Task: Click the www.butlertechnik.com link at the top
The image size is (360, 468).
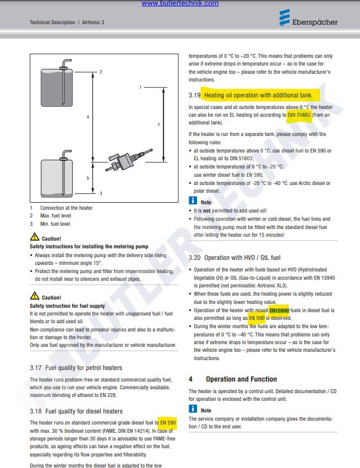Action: tap(179, 3)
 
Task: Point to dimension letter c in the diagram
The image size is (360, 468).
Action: tap(159, 124)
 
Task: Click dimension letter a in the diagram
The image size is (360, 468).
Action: tap(88, 117)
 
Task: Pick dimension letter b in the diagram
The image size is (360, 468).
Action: tap(88, 178)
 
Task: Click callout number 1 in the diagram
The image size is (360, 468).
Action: tap(141, 87)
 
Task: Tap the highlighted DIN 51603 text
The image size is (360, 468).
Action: tap(299, 115)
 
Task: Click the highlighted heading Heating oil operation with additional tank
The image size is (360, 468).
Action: tap(258, 95)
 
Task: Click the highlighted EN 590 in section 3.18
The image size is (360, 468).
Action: tap(168, 422)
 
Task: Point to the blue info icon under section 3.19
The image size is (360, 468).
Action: tap(193, 202)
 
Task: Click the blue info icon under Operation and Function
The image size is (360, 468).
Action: tap(193, 409)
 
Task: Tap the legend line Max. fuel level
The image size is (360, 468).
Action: tap(56, 216)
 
